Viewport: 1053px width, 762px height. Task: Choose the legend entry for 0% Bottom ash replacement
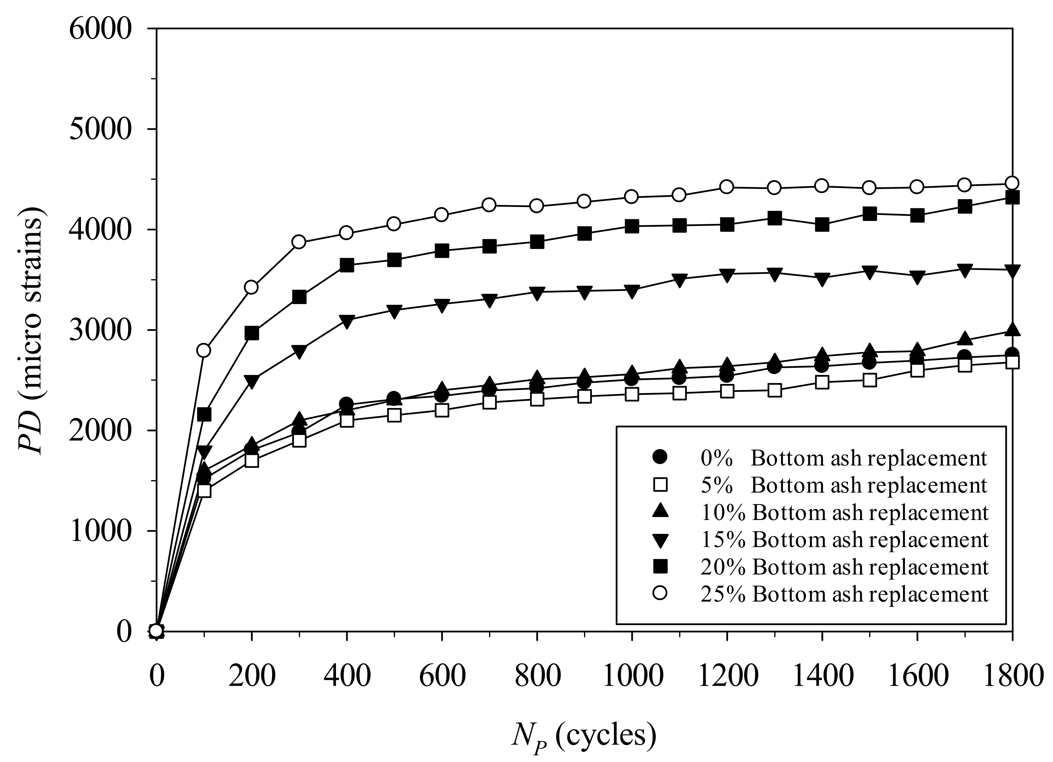click(x=820, y=458)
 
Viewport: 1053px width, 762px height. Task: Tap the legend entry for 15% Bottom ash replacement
click(x=820, y=539)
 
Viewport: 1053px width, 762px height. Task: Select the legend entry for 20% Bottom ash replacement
click(x=820, y=567)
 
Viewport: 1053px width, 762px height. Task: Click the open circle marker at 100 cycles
click(x=204, y=350)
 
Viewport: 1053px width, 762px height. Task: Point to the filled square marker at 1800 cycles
click(x=1012, y=198)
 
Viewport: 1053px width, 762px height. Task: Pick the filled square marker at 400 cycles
click(x=347, y=265)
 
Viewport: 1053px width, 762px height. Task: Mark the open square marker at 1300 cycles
click(x=775, y=391)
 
